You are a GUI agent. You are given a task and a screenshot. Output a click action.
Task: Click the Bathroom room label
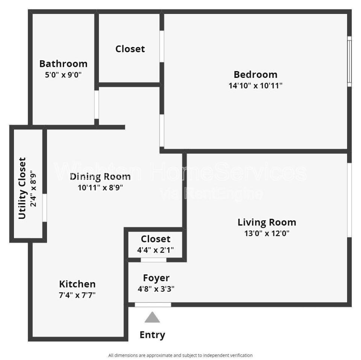click(63, 64)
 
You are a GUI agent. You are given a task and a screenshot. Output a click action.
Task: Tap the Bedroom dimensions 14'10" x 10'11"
click(255, 86)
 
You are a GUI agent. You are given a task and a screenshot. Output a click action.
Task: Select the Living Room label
click(267, 222)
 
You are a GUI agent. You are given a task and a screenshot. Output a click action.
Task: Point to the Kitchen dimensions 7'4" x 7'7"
click(77, 295)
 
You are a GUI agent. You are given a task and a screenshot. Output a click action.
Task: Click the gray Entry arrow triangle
click(152, 317)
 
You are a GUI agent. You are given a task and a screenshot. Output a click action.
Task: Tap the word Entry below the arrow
click(152, 335)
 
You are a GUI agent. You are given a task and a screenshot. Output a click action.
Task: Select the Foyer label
click(156, 278)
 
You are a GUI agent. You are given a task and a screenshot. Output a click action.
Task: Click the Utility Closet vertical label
click(22, 188)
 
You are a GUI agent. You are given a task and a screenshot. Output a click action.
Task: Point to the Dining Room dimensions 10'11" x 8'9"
click(100, 188)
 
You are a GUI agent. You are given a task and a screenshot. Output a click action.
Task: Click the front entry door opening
click(153, 304)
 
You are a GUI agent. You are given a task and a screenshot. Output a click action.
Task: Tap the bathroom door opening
click(97, 105)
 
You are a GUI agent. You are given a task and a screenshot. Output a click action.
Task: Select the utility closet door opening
click(45, 208)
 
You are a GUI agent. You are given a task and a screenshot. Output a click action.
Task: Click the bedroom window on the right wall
click(349, 61)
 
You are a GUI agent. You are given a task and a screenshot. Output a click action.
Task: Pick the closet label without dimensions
click(130, 49)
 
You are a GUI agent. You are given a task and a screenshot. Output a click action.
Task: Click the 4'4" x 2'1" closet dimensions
click(155, 250)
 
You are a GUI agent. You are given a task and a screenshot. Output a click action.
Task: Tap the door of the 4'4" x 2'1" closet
click(153, 260)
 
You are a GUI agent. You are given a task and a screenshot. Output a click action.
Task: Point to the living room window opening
click(349, 200)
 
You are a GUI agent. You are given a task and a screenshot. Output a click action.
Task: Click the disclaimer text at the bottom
click(180, 355)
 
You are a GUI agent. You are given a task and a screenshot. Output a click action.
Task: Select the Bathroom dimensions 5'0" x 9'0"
click(63, 75)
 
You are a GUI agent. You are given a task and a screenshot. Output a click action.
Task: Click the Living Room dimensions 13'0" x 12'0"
click(267, 233)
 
